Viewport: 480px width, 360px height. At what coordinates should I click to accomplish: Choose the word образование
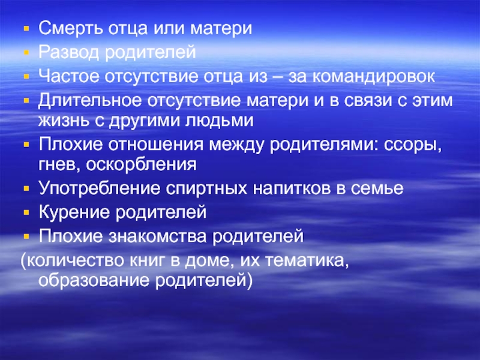point(91,280)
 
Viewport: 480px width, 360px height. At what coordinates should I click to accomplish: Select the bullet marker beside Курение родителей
point(25,212)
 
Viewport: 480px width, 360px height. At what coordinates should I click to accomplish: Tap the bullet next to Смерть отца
point(25,29)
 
